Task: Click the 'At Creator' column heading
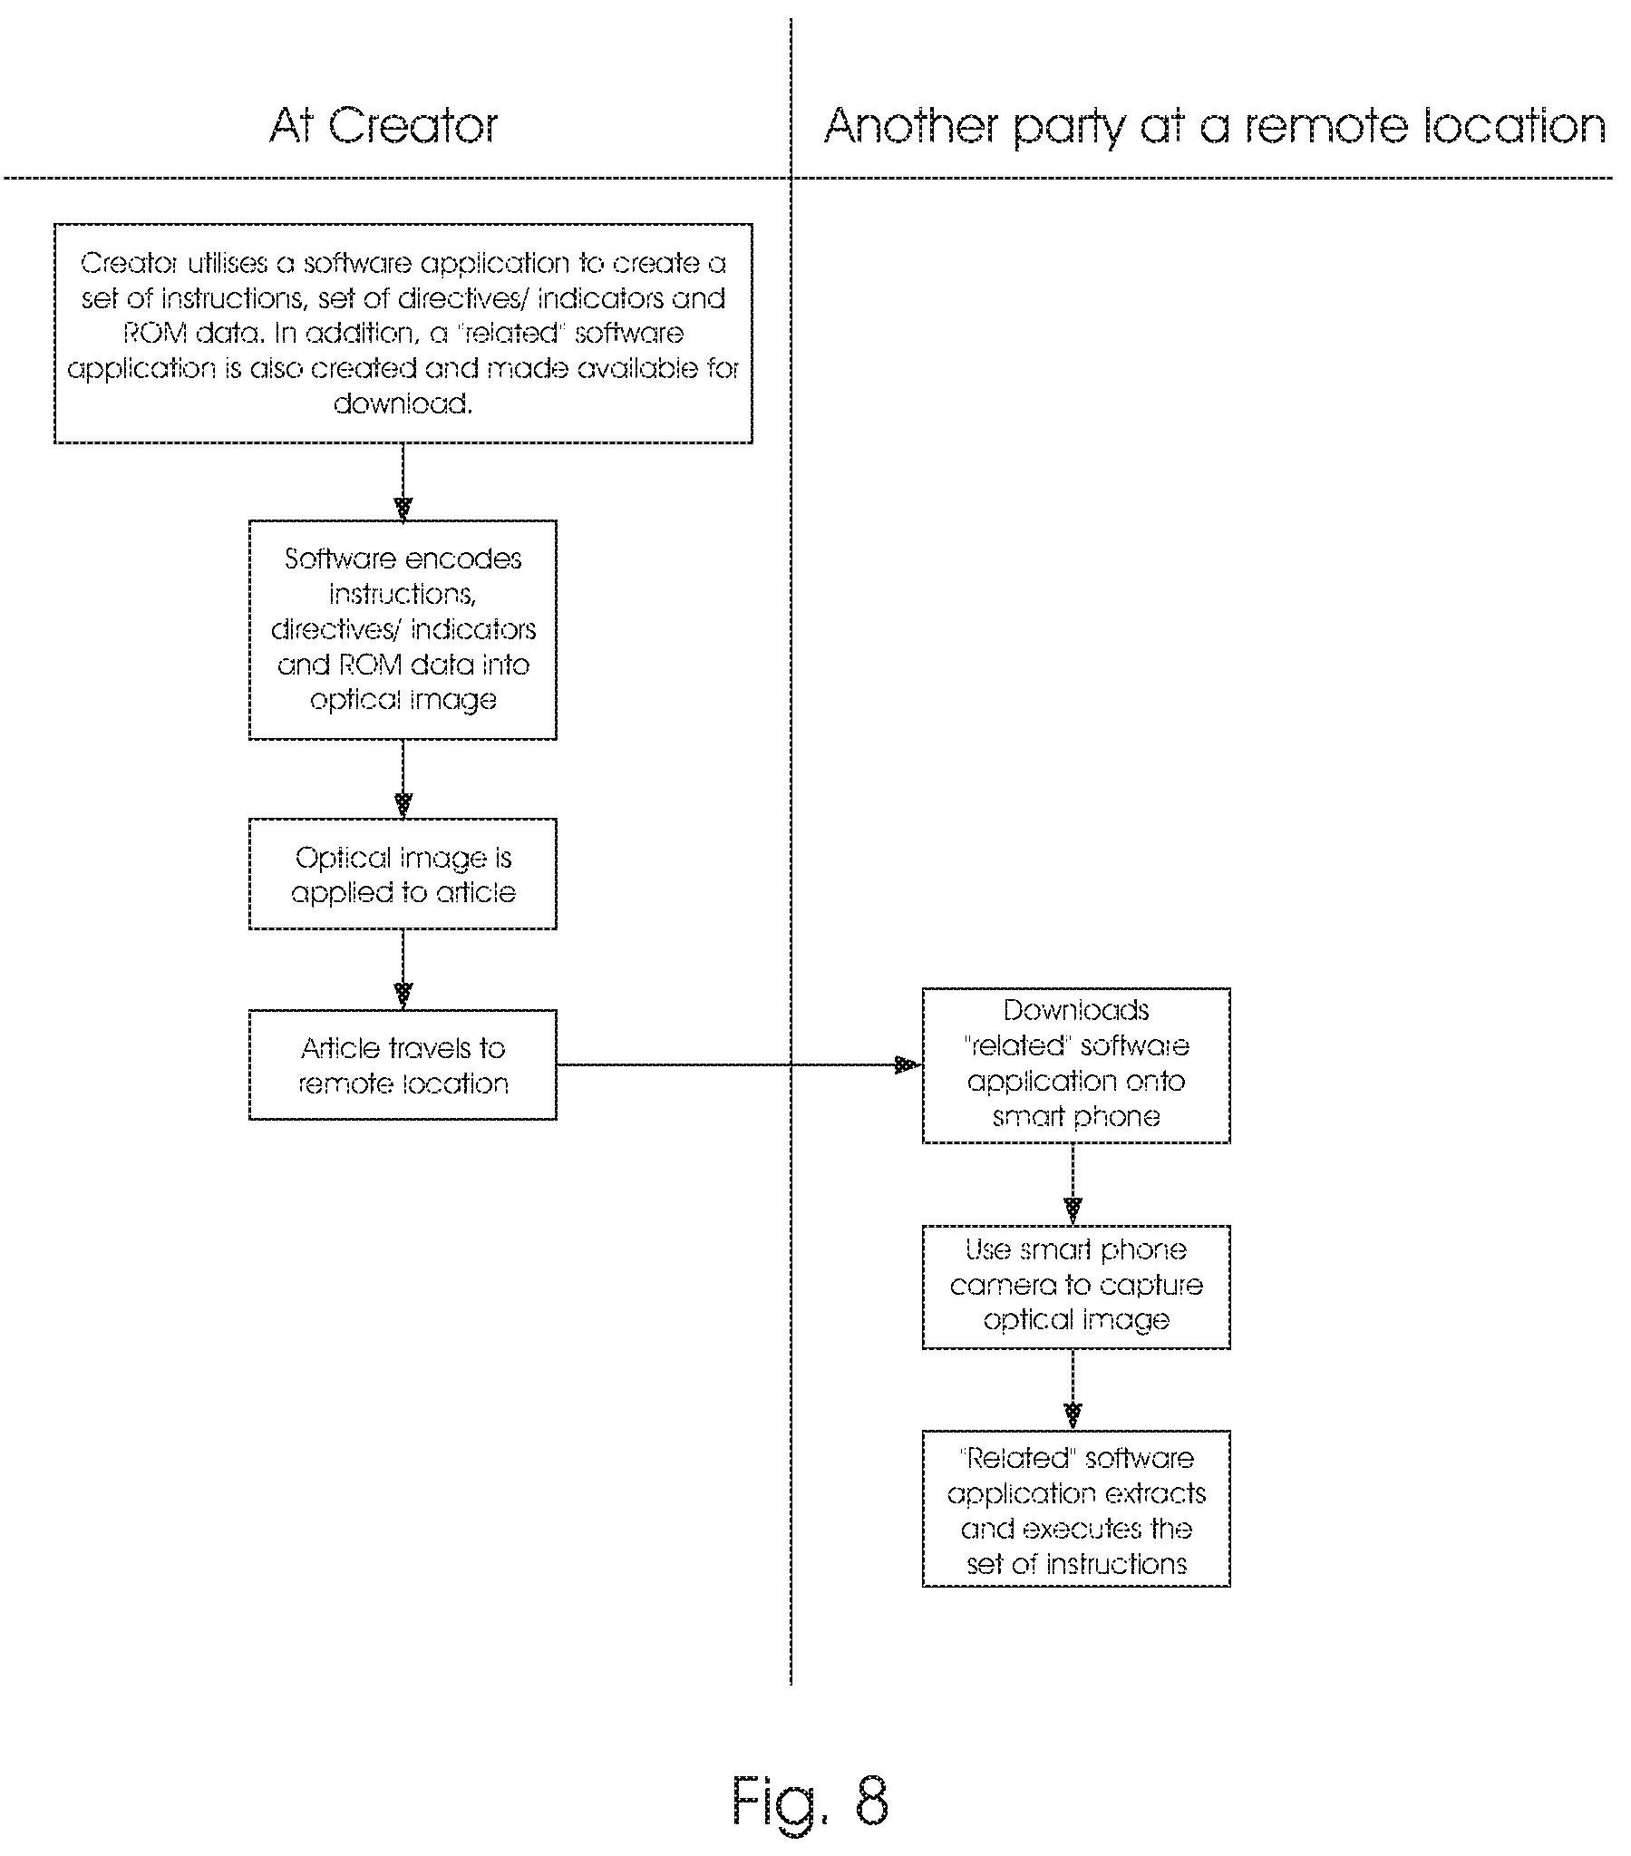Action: point(383,125)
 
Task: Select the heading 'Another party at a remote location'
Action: point(1214,127)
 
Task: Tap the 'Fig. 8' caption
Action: point(810,1801)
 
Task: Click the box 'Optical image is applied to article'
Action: point(403,874)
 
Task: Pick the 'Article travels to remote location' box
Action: point(403,1064)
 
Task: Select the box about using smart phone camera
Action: point(1076,1287)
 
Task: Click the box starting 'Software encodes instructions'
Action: point(403,630)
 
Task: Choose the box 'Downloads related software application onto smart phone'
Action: point(1076,1065)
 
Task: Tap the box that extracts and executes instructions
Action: point(1076,1509)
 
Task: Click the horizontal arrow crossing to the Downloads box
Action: point(739,1064)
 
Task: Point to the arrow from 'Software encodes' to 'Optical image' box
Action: point(403,779)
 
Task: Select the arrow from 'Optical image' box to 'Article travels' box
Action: point(403,969)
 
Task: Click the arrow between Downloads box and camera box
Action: point(1073,1184)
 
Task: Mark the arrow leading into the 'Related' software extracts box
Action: point(1073,1390)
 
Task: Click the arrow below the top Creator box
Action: point(403,481)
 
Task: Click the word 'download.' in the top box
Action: point(403,403)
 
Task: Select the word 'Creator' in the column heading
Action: point(413,125)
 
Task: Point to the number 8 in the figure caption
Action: point(871,1801)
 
